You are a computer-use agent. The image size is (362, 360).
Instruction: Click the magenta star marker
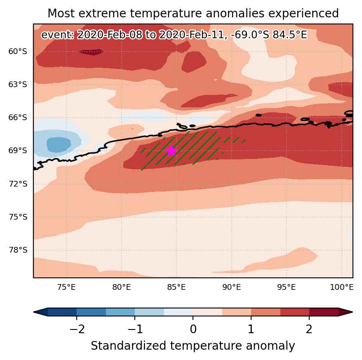click(171, 151)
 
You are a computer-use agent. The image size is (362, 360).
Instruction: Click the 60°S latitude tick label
click(18, 51)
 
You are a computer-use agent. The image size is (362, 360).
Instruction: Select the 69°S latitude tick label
click(18, 151)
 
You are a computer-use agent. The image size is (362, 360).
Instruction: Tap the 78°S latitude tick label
click(18, 250)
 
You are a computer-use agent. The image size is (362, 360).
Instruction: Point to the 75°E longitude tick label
click(66, 287)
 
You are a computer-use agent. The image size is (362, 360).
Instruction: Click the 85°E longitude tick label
click(176, 287)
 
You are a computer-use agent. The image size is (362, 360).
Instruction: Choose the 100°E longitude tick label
click(342, 287)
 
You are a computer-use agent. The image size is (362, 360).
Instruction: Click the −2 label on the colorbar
click(77, 329)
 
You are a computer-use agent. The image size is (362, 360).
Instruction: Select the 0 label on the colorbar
click(193, 329)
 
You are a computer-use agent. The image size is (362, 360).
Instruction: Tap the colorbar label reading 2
click(309, 329)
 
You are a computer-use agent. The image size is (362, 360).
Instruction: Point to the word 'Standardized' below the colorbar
click(128, 346)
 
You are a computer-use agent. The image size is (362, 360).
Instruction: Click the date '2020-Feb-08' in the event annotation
click(109, 35)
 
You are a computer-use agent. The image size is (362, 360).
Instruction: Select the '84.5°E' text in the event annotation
click(290, 35)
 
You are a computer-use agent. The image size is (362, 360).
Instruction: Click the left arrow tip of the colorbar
click(34, 312)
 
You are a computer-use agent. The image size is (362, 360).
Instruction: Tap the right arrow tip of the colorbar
click(353, 312)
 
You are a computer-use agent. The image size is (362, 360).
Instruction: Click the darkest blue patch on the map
click(59, 145)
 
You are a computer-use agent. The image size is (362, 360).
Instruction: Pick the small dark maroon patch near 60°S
click(91, 52)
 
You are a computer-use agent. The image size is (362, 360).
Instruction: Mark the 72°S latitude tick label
click(18, 184)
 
